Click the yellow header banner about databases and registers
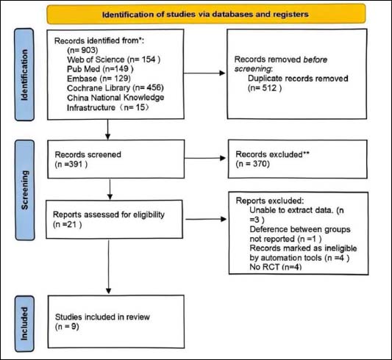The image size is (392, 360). click(x=206, y=14)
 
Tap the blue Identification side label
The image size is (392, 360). click(x=24, y=75)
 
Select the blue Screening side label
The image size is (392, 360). click(x=25, y=190)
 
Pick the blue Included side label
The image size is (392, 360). click(x=24, y=324)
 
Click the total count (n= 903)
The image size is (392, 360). click(x=82, y=50)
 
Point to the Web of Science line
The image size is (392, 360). click(x=114, y=60)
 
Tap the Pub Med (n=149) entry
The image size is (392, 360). click(x=100, y=69)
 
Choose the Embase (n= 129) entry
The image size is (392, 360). click(x=99, y=79)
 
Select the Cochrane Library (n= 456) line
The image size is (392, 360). click(x=115, y=88)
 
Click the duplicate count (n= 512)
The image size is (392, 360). click(x=265, y=88)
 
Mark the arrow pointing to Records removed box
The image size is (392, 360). click(x=204, y=73)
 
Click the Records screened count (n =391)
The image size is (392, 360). click(x=71, y=165)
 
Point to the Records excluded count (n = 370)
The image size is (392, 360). click(x=252, y=164)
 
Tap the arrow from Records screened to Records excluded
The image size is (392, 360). click(x=205, y=158)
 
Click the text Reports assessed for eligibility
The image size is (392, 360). click(x=109, y=215)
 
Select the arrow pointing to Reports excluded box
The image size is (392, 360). click(x=206, y=219)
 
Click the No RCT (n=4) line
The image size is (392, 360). click(x=276, y=267)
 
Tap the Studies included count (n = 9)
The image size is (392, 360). click(x=67, y=326)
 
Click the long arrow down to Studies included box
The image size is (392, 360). click(x=109, y=267)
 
